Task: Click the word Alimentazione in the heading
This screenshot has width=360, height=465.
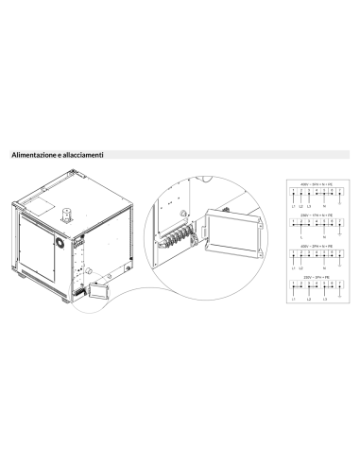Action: [32, 153]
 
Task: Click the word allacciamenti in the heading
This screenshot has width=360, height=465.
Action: [85, 153]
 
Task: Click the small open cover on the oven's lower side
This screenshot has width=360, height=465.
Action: [100, 290]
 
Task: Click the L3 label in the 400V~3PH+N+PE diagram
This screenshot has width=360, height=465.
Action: [309, 206]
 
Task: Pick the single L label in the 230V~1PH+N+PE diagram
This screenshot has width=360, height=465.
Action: [300, 237]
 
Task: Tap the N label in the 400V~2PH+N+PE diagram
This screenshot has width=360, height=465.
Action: [323, 269]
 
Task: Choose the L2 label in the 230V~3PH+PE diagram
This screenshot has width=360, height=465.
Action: [308, 300]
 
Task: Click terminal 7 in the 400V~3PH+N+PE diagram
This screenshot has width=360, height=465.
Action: [338, 191]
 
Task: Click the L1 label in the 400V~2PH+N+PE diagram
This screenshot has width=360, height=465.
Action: [294, 269]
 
